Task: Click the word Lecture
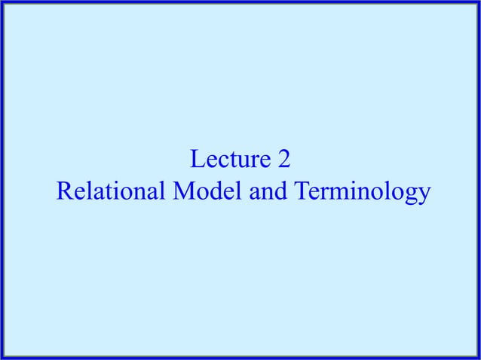tap(229, 160)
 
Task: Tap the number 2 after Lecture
tap(283, 160)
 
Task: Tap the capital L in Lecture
tap(197, 160)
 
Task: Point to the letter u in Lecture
tap(242, 162)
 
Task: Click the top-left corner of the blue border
tap(2, 2)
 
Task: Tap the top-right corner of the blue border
tap(478, 2)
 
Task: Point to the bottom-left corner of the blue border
tap(2, 357)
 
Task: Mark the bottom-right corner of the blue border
tap(478, 357)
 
